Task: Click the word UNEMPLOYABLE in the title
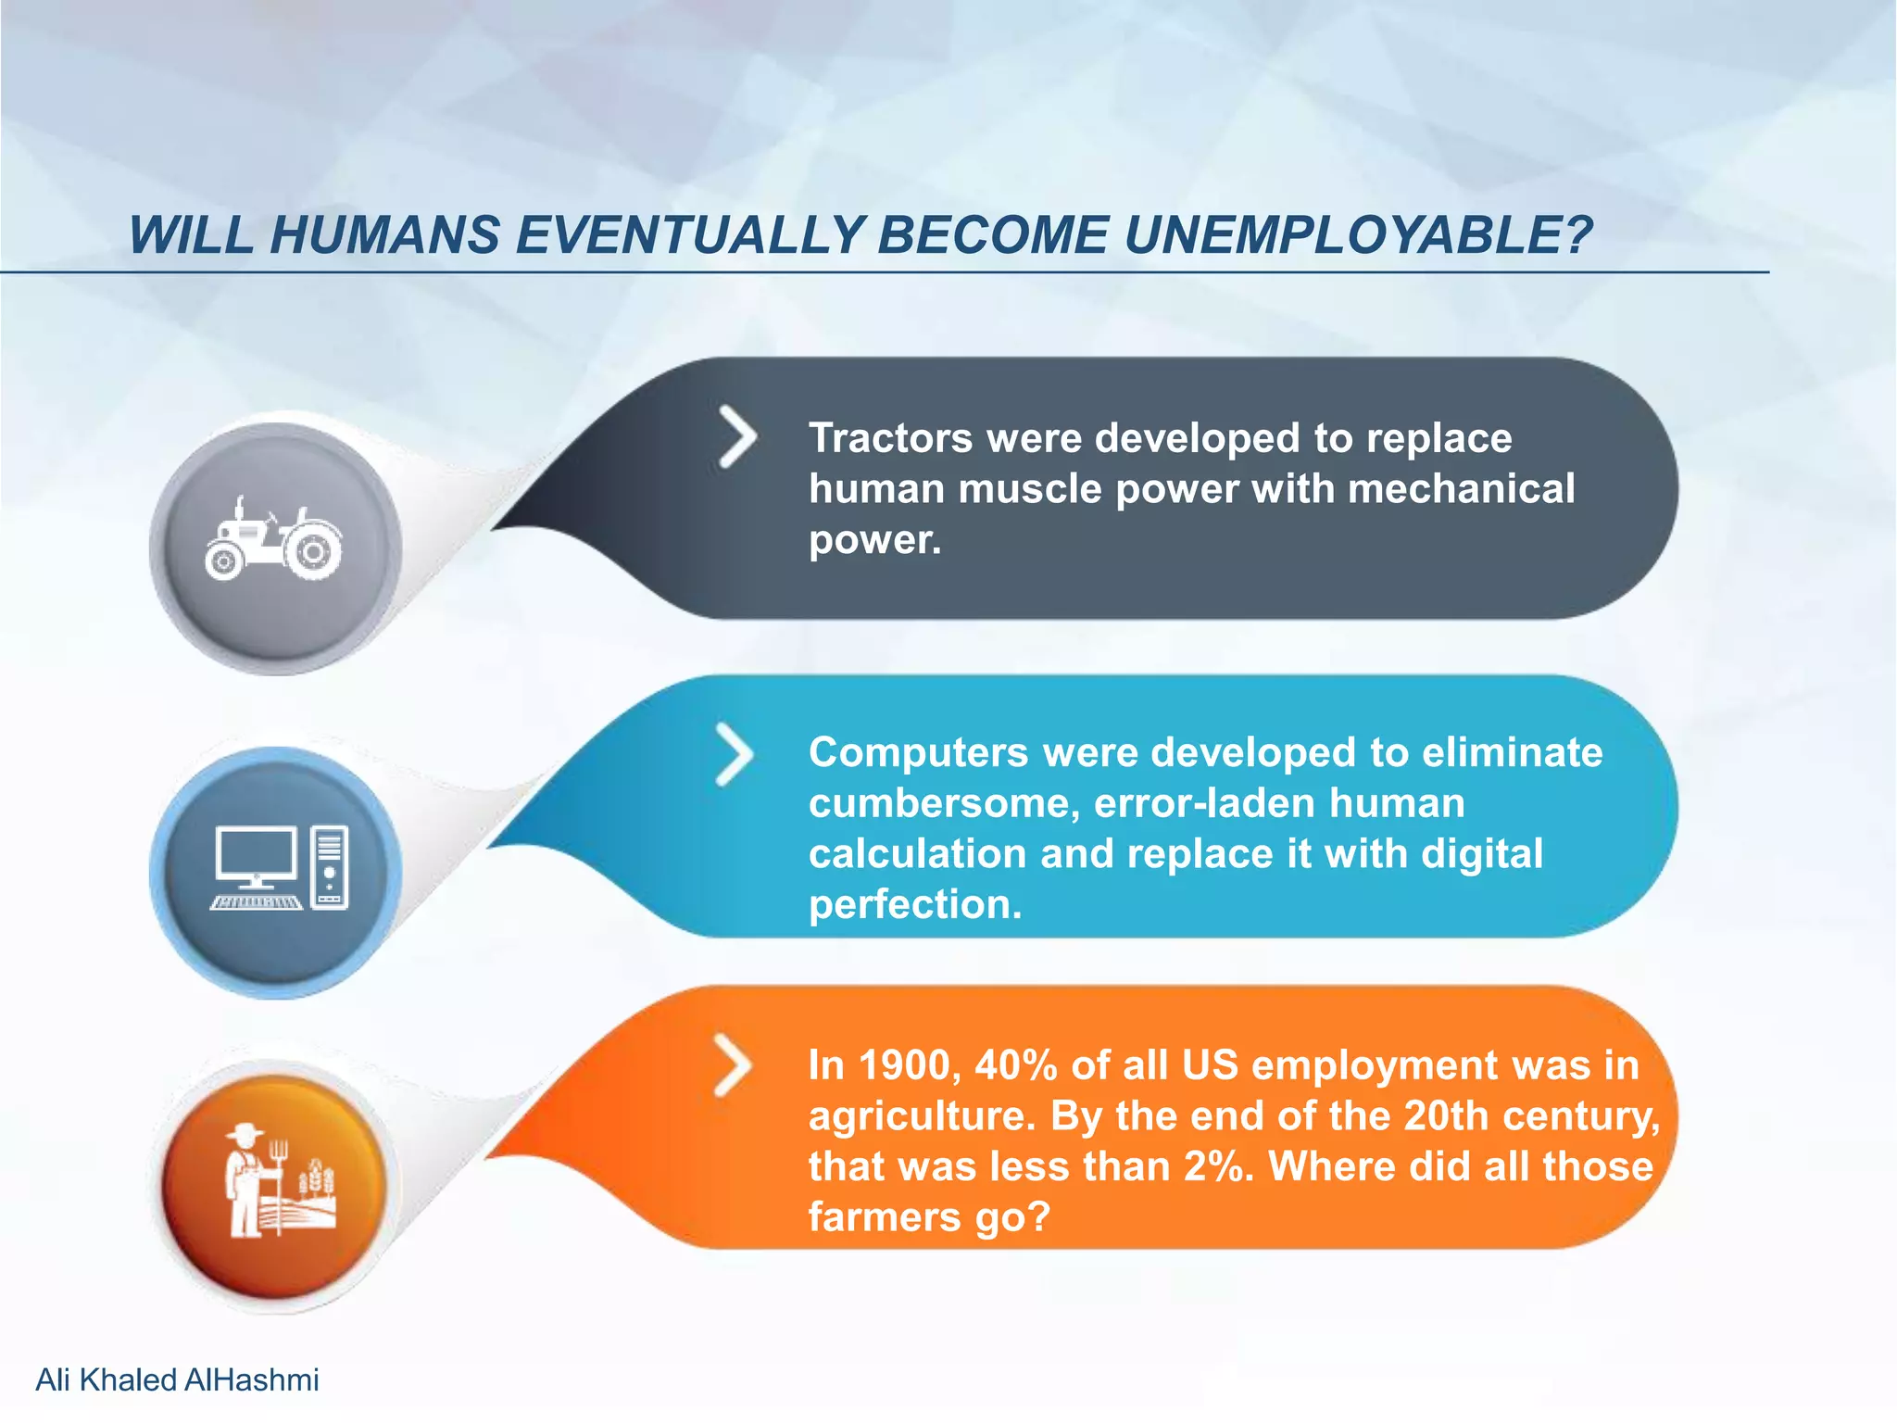click(1357, 235)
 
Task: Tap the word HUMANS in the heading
click(384, 235)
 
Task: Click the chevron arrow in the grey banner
click(738, 436)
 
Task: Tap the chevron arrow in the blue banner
click(735, 755)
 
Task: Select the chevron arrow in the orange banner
click(733, 1065)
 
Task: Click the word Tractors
click(890, 438)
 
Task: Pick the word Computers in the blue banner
click(918, 752)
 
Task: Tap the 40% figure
click(1016, 1065)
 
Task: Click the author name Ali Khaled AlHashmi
click(177, 1379)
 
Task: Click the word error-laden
click(1204, 803)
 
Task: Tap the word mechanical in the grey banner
click(1461, 489)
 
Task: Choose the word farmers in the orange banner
click(885, 1217)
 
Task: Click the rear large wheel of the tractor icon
click(313, 552)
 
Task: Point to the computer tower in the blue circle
click(330, 867)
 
